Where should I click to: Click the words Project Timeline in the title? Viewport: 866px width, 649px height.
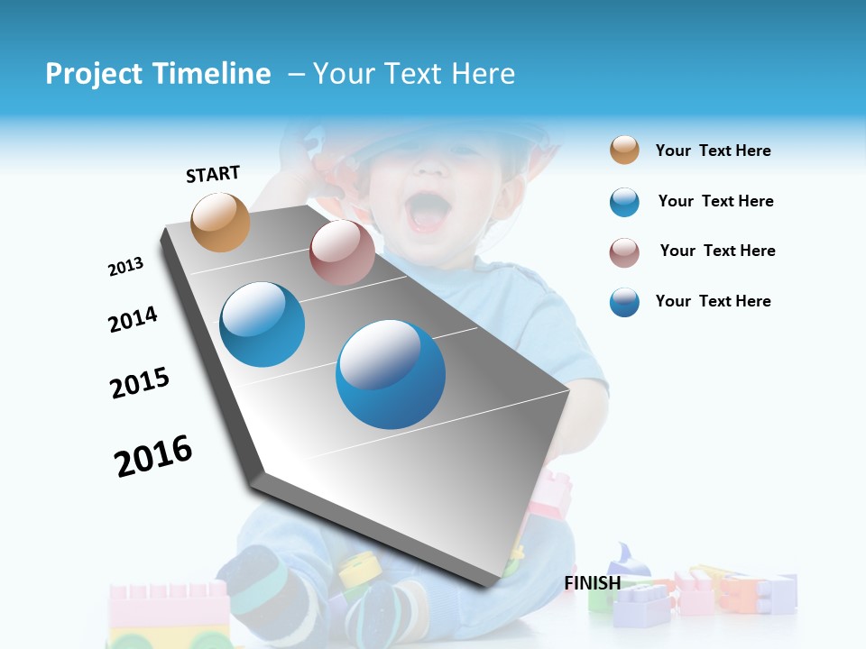(158, 74)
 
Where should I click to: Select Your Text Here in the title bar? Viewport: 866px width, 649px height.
(414, 74)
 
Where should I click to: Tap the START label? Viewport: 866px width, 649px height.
(213, 174)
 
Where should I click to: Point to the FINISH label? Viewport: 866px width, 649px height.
(593, 583)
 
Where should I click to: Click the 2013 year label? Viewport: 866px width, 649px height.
(125, 267)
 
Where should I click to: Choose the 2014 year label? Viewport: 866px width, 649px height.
(133, 319)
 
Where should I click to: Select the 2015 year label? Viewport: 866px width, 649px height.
(140, 383)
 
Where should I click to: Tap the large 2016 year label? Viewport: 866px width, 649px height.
(153, 456)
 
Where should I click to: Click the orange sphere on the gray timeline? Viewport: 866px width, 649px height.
(221, 222)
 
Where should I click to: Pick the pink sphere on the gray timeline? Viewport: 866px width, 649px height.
(342, 252)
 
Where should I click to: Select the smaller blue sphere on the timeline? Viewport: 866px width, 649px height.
(263, 324)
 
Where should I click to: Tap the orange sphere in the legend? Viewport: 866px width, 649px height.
(624, 151)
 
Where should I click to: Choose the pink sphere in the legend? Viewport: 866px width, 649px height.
(624, 252)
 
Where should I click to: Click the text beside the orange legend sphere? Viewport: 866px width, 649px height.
(713, 151)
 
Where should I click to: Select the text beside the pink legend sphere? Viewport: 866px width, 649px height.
(717, 251)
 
